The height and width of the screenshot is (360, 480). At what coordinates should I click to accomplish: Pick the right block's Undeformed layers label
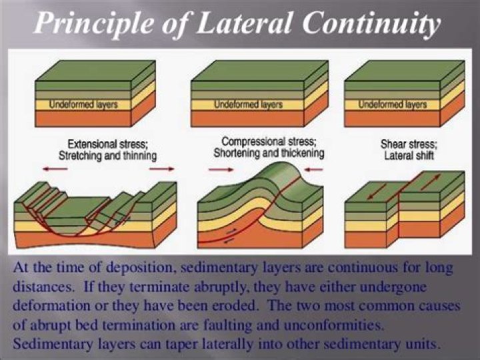pyautogui.click(x=393, y=105)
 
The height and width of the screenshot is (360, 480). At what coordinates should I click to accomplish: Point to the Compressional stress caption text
pyautogui.click(x=268, y=142)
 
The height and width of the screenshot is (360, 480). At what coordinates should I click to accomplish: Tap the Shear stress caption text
pyautogui.click(x=409, y=144)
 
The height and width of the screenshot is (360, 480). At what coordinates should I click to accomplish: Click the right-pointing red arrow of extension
pyautogui.click(x=161, y=169)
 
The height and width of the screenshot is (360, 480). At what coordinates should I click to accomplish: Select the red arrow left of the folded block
pyautogui.click(x=217, y=170)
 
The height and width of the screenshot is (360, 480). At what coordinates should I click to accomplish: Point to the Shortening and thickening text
pyautogui.click(x=268, y=154)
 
